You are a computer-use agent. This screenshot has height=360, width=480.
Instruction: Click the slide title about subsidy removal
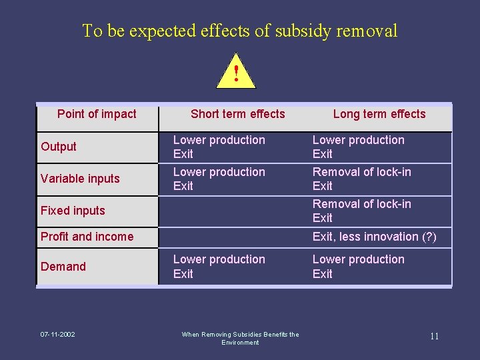pos(239,31)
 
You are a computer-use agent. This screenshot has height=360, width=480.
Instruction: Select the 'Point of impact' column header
pos(97,114)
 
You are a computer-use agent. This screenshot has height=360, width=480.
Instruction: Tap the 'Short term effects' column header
pos(237,114)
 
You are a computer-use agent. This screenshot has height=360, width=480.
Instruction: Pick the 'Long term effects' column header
pos(379,114)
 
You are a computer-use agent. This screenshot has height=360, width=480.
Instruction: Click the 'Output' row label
pos(59,147)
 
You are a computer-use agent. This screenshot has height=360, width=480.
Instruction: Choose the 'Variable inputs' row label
pos(80,179)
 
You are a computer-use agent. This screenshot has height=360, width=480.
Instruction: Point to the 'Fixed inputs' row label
pos(73,211)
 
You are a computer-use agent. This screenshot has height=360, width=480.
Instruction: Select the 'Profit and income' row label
pos(87,237)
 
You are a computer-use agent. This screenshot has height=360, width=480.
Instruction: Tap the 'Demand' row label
pos(63,267)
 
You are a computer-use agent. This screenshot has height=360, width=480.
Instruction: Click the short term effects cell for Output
pos(219,147)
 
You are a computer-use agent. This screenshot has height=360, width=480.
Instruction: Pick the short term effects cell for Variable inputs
pos(219,179)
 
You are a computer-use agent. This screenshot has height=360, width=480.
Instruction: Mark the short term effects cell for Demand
pos(219,266)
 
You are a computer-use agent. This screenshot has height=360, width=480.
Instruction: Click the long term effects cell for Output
pos(358,147)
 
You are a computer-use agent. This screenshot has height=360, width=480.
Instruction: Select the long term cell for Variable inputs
pos(361,179)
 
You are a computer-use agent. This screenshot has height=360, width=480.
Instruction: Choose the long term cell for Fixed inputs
pos(361,211)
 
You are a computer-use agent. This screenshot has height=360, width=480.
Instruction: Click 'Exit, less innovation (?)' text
pos(374,237)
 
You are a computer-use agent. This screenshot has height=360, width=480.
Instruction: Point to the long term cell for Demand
pos(358,266)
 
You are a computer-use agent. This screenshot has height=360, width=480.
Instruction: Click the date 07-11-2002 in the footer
pos(57,334)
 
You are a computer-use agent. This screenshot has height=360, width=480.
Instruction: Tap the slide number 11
pos(434,336)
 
